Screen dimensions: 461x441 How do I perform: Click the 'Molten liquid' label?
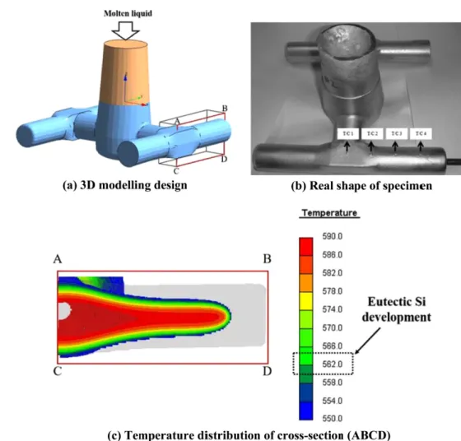[128, 13]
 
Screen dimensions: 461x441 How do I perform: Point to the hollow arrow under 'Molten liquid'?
[125, 30]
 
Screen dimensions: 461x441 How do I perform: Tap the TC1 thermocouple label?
[348, 133]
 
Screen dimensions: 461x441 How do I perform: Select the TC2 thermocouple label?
[372, 133]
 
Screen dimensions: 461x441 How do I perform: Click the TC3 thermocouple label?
[396, 133]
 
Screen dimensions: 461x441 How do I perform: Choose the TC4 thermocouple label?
[421, 133]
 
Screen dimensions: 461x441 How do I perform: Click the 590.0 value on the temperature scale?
[333, 236]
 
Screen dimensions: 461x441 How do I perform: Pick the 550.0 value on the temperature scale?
[333, 418]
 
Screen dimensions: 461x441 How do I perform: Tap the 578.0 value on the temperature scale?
[333, 291]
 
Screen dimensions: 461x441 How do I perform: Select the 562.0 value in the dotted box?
[333, 364]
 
